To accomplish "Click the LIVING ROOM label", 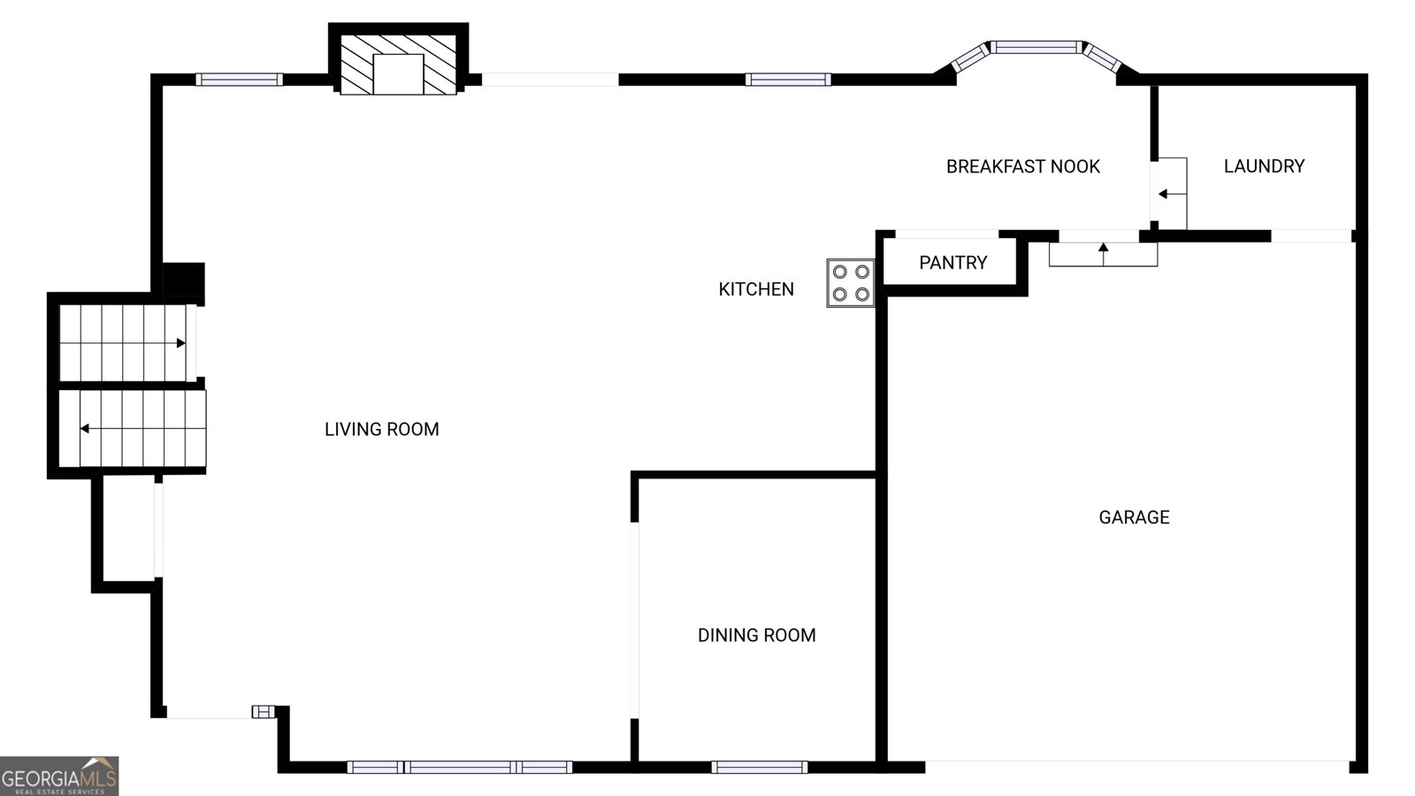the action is click(x=381, y=430).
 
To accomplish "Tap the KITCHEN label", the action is click(x=756, y=289).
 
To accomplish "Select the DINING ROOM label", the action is click(x=757, y=636).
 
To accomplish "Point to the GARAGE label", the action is click(x=1135, y=517).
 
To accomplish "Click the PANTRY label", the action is click(x=953, y=263).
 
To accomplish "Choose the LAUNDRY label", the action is click(x=1264, y=166).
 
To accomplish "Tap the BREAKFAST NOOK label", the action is click(x=1023, y=167).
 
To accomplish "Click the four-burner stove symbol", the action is click(x=851, y=283).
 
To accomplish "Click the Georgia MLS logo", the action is click(x=59, y=777).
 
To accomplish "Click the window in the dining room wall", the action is click(x=760, y=767).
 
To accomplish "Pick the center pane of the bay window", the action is click(x=1036, y=48).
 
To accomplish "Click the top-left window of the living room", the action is click(x=239, y=80).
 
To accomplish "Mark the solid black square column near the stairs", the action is click(x=183, y=279).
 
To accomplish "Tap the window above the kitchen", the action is click(x=788, y=80).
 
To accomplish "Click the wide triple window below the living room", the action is click(x=460, y=767).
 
